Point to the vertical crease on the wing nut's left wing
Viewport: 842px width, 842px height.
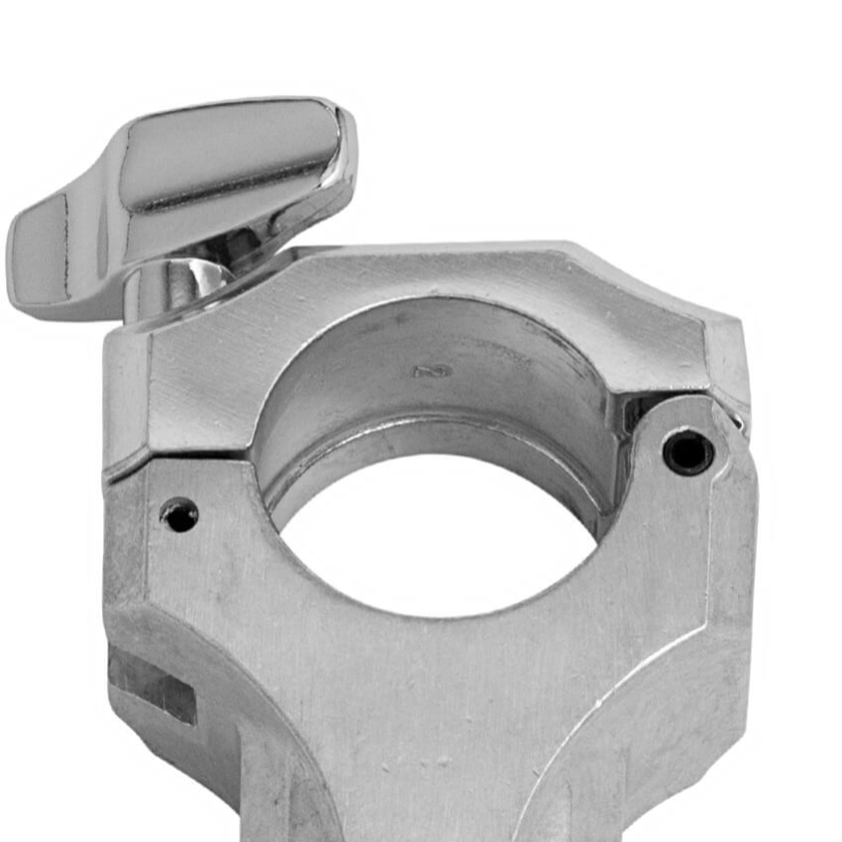point(69,238)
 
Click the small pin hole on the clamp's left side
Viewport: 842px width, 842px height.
point(179,514)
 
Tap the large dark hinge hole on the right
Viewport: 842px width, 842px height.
point(687,453)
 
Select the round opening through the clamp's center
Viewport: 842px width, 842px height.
point(436,535)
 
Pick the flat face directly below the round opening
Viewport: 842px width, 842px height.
point(436,693)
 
